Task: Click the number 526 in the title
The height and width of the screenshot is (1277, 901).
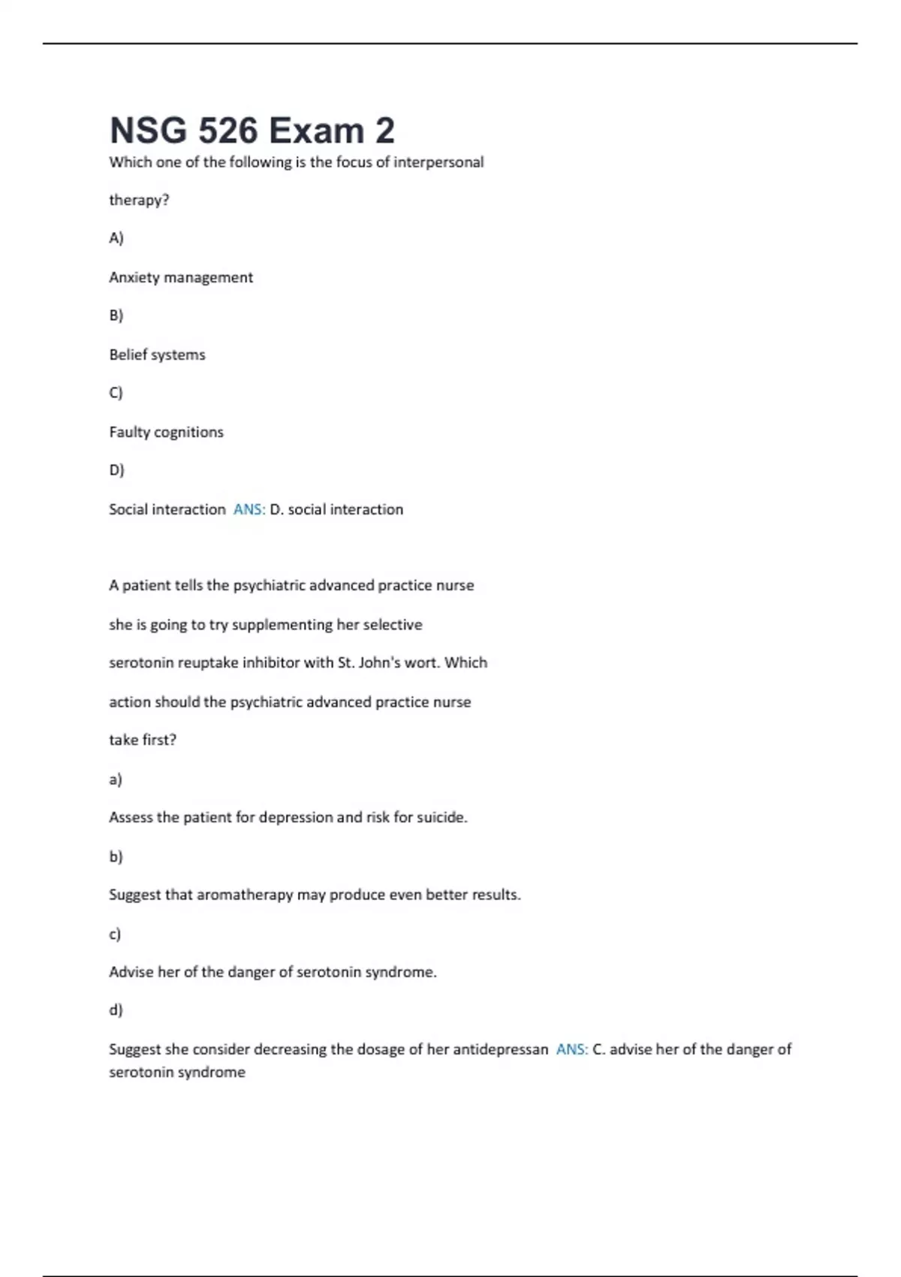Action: pos(228,131)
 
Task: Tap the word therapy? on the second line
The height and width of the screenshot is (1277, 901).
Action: pos(139,201)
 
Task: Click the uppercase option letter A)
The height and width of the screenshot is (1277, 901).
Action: pos(116,238)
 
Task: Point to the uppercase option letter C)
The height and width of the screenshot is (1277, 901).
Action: pos(116,393)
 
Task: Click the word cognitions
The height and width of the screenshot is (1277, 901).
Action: pos(188,433)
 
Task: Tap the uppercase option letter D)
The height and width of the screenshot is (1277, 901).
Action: pos(116,470)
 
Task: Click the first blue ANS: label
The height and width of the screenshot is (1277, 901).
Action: pos(249,509)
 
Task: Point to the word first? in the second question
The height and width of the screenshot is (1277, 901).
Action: pos(159,740)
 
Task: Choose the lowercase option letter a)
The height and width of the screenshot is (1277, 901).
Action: pos(116,780)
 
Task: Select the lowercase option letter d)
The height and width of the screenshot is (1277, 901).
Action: pos(116,1010)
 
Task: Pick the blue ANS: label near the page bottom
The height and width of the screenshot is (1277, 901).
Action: pos(572,1049)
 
